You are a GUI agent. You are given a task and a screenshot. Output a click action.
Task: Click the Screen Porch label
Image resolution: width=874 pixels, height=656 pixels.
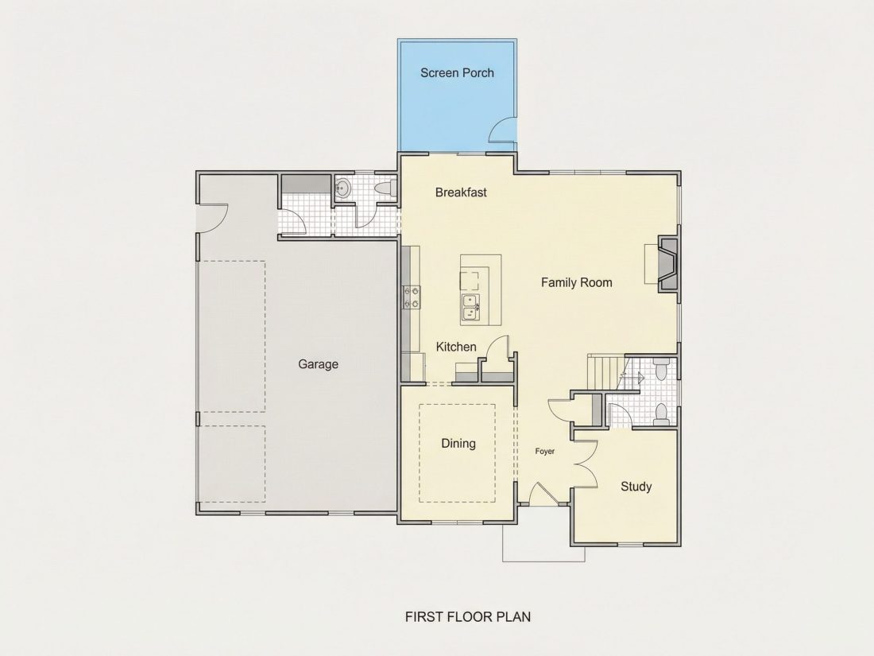click(x=457, y=72)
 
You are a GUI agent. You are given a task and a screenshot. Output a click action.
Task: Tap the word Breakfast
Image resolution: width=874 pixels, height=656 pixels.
click(x=461, y=192)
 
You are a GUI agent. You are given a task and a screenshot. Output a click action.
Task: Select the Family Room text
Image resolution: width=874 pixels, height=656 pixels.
click(x=576, y=283)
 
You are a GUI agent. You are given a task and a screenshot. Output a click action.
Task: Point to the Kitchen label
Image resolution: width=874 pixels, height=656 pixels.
click(x=456, y=347)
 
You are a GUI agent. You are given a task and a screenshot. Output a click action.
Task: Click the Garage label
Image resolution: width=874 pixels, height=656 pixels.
click(x=318, y=364)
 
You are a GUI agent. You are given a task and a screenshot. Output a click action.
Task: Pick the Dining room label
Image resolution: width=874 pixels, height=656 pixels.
click(x=458, y=444)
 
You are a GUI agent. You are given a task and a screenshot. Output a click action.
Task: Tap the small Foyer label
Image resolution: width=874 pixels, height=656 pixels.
click(x=544, y=452)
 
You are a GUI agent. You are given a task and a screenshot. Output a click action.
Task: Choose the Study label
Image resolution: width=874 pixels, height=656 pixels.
click(x=636, y=487)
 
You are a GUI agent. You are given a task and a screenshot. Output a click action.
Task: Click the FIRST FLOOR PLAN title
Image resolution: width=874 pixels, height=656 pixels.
click(x=468, y=616)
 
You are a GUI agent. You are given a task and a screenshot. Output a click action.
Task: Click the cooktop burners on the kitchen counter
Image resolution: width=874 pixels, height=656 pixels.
click(x=412, y=297)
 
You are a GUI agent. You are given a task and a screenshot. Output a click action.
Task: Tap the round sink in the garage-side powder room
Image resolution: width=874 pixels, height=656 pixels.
click(x=342, y=188)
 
